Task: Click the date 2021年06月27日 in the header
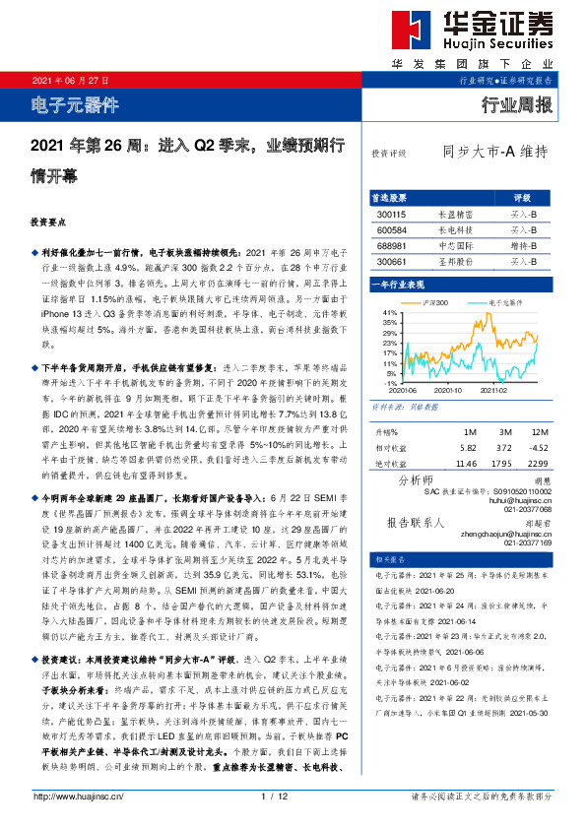pyautogui.click(x=70, y=81)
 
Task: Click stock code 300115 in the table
pyautogui.click(x=390, y=213)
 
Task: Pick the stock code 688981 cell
pyautogui.click(x=390, y=245)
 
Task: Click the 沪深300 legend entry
pyautogui.click(x=436, y=302)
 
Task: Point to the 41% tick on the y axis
pyautogui.click(x=390, y=312)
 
